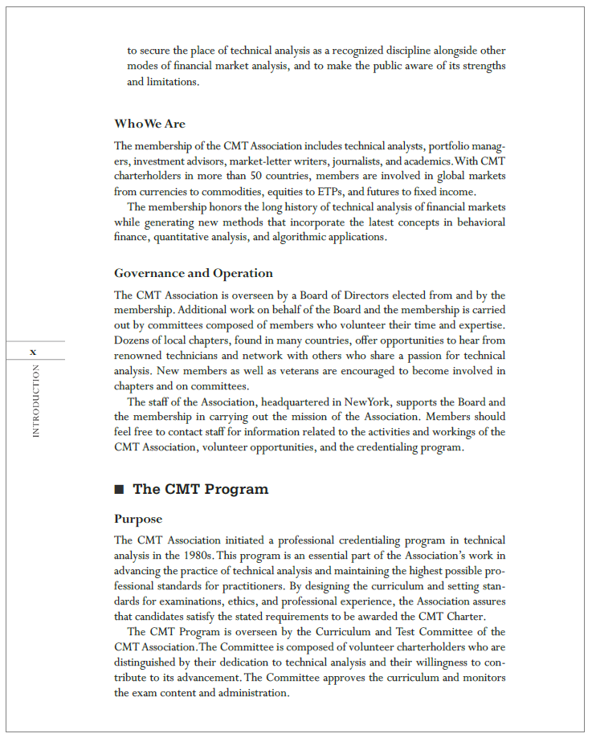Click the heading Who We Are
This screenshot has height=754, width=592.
pos(149,124)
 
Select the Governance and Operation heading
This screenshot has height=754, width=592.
pos(193,273)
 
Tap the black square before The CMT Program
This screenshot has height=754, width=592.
pos(119,490)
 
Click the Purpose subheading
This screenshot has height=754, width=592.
pos(138,519)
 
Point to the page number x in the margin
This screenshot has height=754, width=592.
pos(33,352)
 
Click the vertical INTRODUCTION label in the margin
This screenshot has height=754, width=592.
pos(35,401)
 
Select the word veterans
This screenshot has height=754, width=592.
pos(293,370)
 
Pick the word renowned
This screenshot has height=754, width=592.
pos(139,356)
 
